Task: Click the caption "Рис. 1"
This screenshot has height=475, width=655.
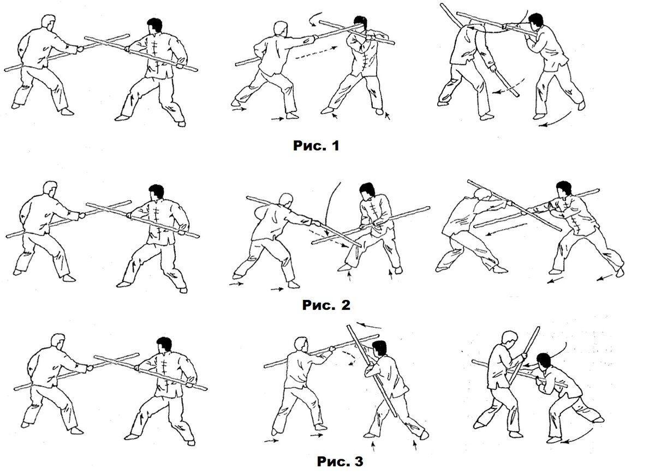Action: [316, 146]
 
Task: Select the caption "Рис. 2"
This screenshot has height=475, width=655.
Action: [326, 305]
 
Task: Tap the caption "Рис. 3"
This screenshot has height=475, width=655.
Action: [340, 461]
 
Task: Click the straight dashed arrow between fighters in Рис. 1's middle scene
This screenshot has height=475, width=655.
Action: [316, 52]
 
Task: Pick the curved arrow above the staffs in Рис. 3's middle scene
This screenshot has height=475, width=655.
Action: [369, 325]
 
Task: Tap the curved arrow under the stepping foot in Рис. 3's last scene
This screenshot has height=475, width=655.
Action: [580, 436]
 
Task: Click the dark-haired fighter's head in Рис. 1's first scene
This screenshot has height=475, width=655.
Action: [154, 26]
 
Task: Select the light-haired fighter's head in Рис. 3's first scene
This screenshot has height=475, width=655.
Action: [58, 342]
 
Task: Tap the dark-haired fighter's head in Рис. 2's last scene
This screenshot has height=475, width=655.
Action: [563, 190]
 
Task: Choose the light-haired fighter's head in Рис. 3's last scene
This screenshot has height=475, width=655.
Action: [510, 339]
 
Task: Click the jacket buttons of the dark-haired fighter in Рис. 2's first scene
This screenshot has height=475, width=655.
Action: [158, 218]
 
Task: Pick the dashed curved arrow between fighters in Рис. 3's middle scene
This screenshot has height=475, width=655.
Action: [351, 358]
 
